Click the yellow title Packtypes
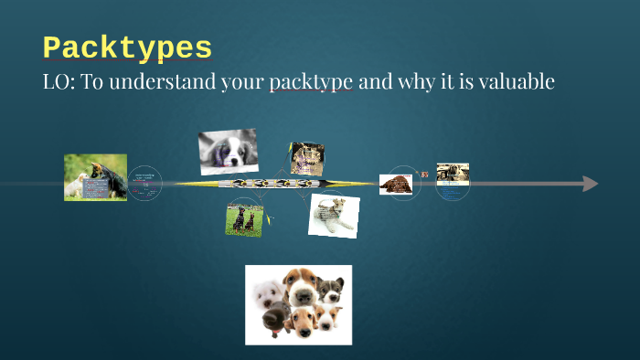(127, 48)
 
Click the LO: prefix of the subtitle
(59, 82)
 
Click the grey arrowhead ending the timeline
(590, 184)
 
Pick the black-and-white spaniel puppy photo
(228, 151)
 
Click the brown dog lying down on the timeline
(396, 184)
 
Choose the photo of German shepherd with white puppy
(95, 176)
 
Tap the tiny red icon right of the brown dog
(424, 174)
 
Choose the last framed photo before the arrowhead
(452, 174)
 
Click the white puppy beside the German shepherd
(76, 183)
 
